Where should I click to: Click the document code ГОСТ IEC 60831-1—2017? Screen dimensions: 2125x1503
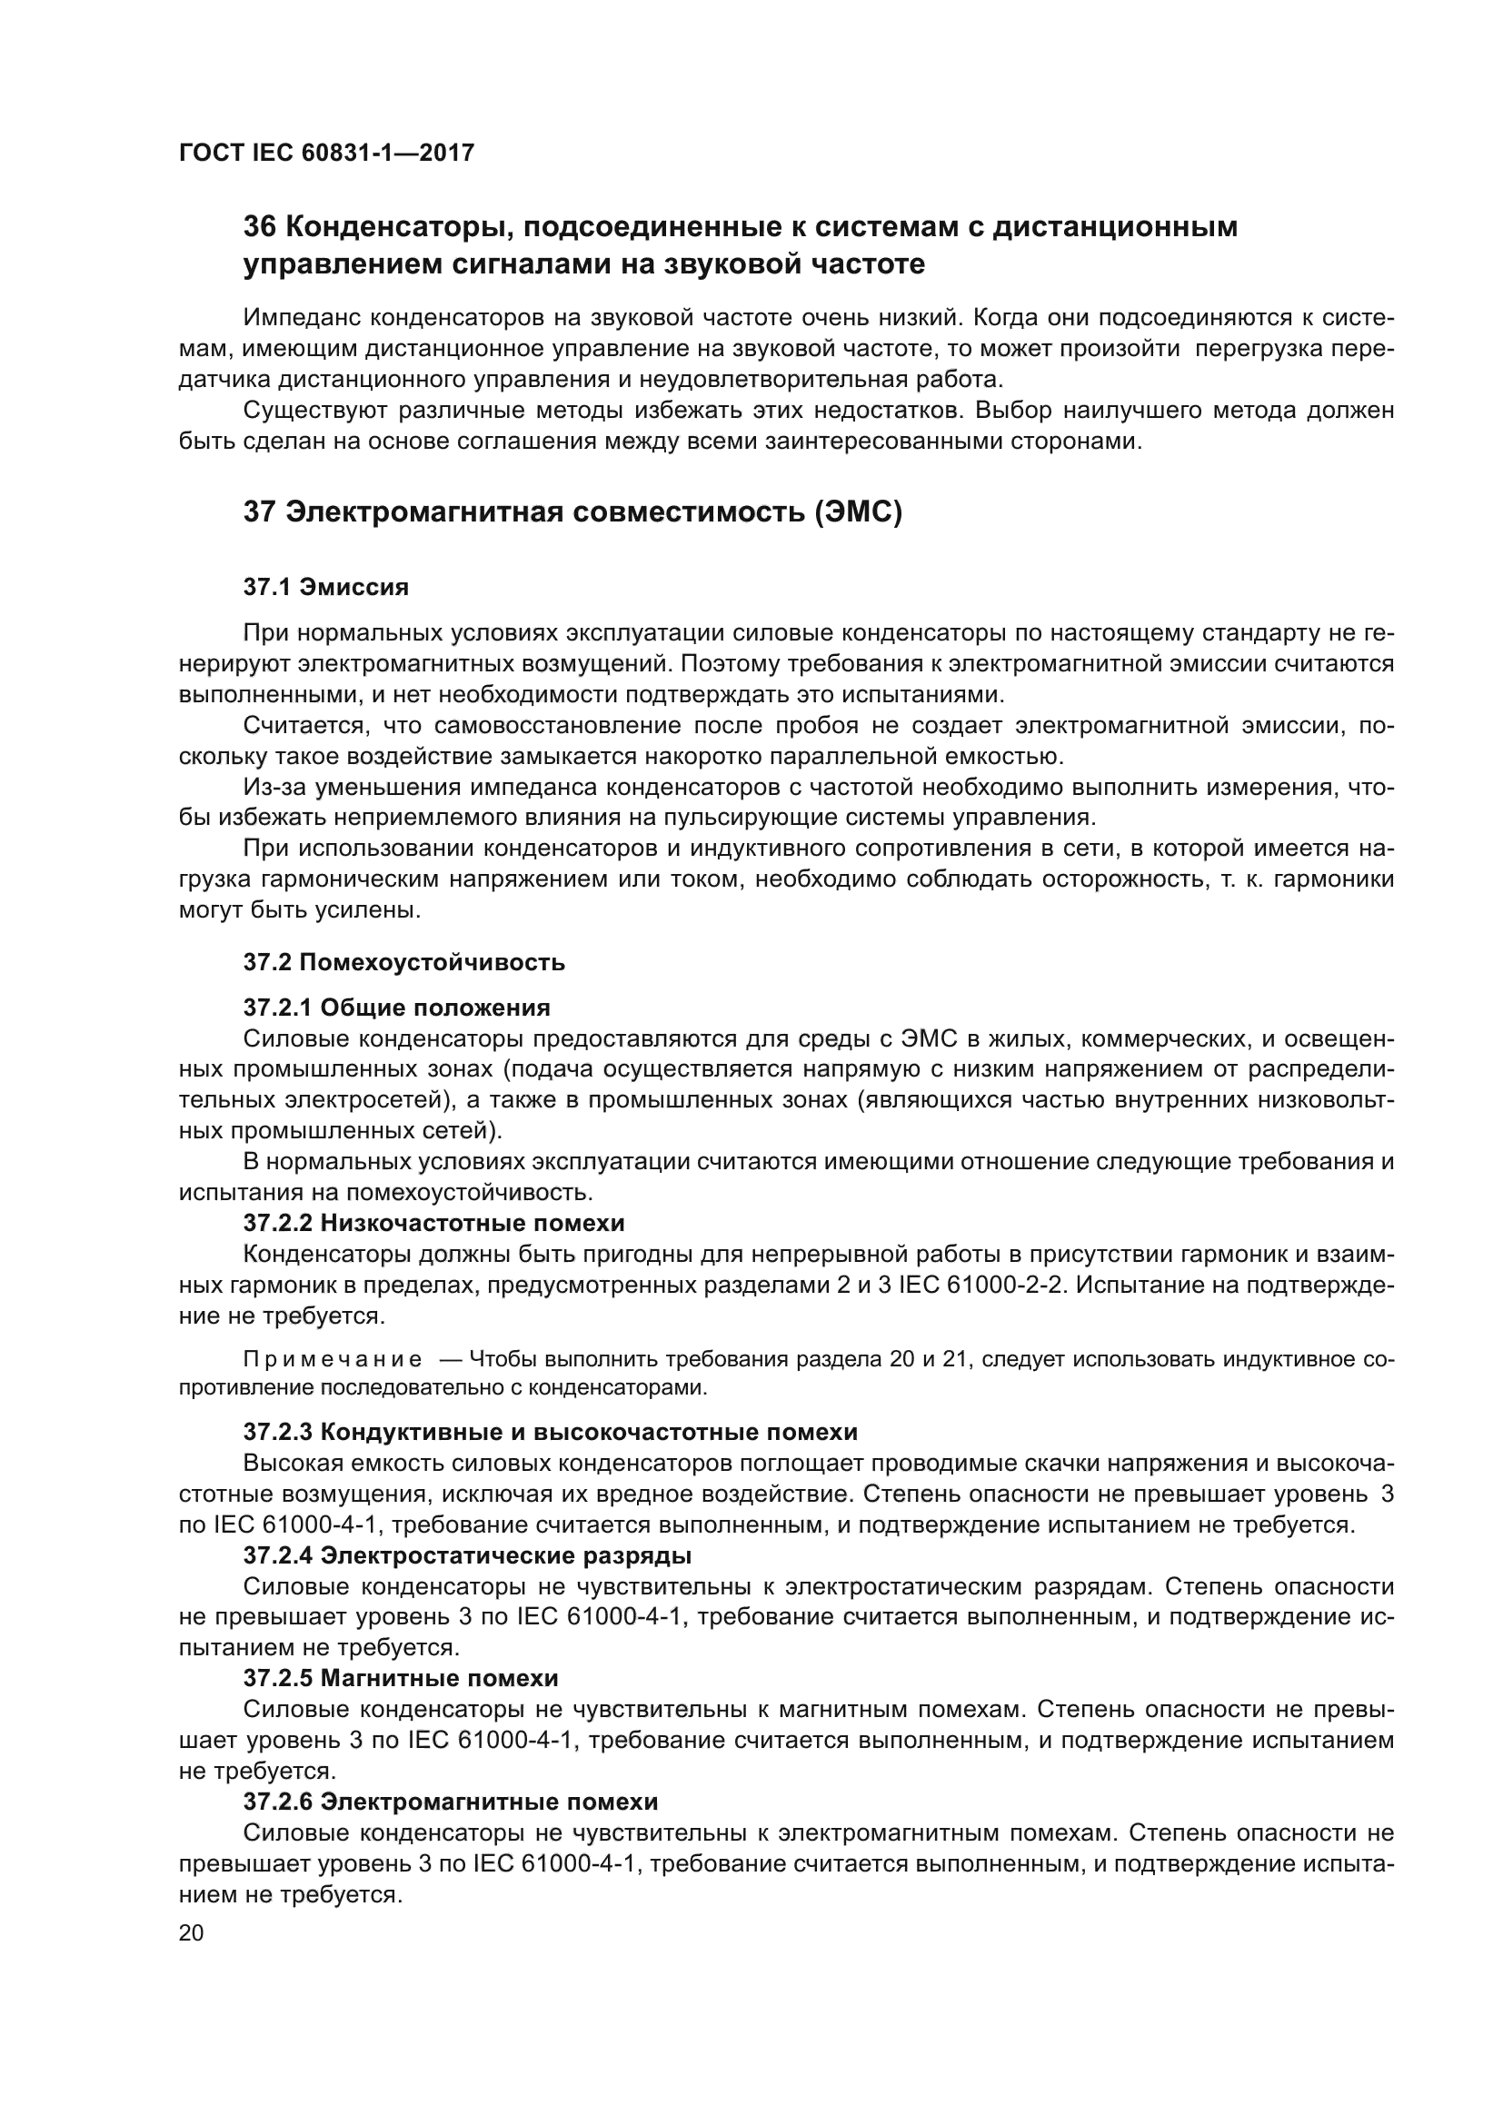(326, 153)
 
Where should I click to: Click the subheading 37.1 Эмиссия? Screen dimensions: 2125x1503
(326, 587)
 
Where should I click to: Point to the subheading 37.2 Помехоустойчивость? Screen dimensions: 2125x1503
(403, 962)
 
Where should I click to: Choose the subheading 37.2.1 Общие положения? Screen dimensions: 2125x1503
(396, 1007)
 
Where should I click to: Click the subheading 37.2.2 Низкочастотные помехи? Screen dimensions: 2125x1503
(433, 1223)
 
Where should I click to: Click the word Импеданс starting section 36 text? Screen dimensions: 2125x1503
(301, 318)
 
